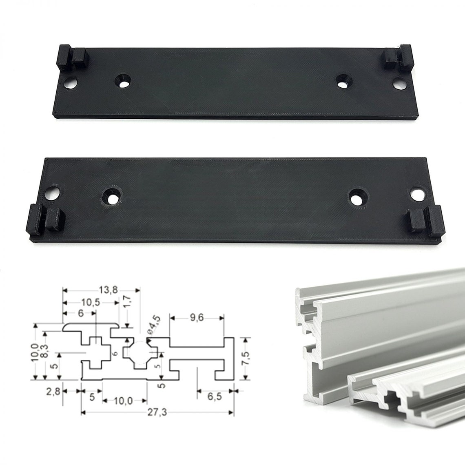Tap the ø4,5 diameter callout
154,325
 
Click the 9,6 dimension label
197,318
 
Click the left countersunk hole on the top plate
122,80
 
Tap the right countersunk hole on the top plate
344,80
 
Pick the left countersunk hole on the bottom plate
111,196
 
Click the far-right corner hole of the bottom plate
417,194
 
